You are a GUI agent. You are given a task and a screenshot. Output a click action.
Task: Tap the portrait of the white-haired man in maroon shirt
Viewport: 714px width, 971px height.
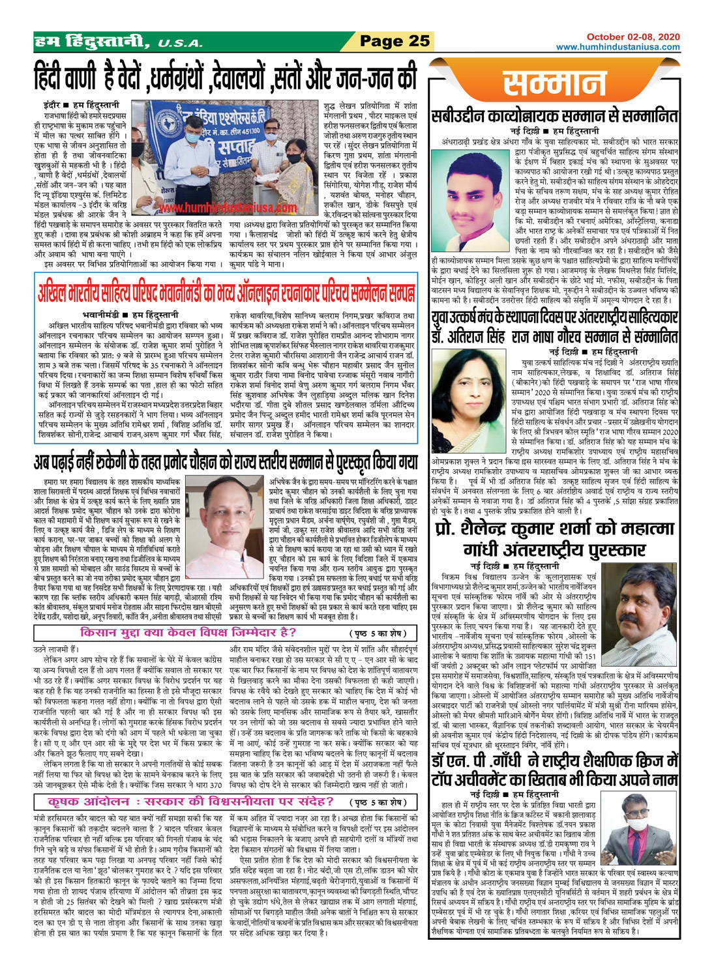coord(232,513)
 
